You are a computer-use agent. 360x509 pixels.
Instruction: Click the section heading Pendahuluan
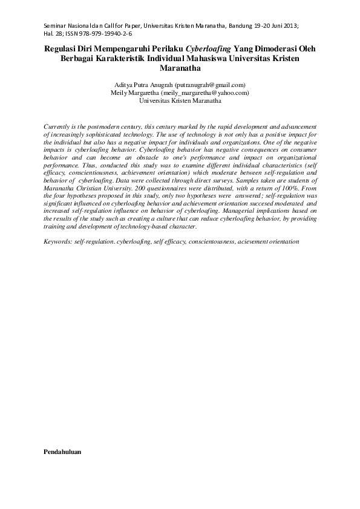[62, 452]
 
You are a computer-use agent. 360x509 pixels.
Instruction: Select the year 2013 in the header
[289, 26]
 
